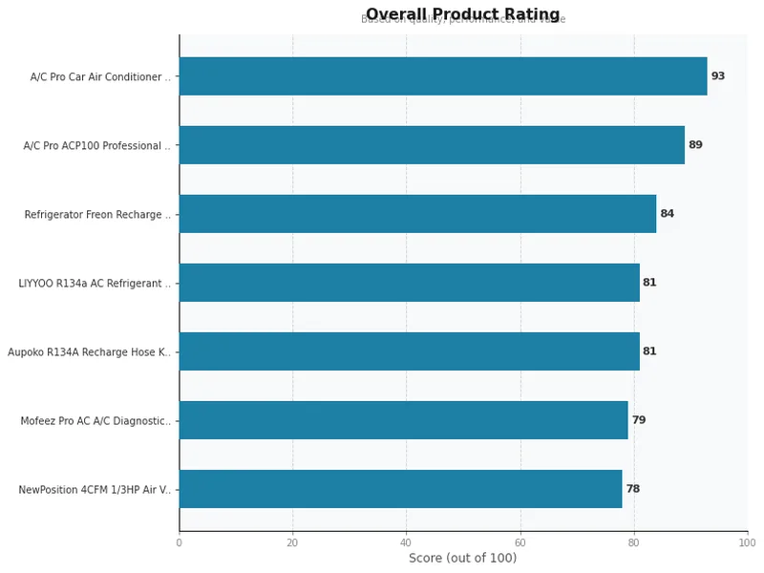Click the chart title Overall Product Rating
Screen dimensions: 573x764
(x=462, y=14)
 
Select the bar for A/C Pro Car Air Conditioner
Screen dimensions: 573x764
(x=443, y=76)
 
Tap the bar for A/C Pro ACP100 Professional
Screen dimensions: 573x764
(x=432, y=145)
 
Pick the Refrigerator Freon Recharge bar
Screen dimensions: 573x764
(x=417, y=214)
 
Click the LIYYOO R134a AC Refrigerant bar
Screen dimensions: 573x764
(x=409, y=283)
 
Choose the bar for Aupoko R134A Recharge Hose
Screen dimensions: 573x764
(x=409, y=351)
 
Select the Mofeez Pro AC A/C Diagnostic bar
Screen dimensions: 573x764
(x=403, y=420)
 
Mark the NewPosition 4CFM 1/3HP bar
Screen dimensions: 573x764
(x=400, y=489)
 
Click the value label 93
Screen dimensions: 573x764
(x=718, y=76)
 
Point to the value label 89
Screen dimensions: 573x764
(x=695, y=145)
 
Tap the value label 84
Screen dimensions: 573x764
(x=667, y=214)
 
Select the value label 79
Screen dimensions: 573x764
(x=638, y=420)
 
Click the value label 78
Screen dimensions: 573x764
(x=632, y=489)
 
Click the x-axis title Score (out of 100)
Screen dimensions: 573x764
(x=462, y=559)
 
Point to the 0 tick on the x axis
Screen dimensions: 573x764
(x=179, y=542)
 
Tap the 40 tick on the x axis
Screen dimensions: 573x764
(x=406, y=542)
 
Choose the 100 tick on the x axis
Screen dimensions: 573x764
(x=747, y=542)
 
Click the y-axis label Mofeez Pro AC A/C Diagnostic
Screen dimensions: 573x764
(x=95, y=421)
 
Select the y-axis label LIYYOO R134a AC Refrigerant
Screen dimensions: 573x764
(x=95, y=284)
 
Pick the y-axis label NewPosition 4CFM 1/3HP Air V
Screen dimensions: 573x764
(x=95, y=490)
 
